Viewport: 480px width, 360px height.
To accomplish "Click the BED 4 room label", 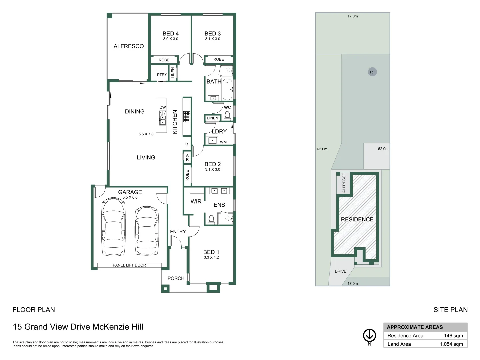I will (170, 34).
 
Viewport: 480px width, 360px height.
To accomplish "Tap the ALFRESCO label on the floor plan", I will (129, 46).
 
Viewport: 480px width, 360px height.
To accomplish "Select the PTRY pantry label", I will (162, 75).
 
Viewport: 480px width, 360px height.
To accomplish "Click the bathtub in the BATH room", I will (227, 89).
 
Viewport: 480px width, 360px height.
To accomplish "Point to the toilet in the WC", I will (227, 115).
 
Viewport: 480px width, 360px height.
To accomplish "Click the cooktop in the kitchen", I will (187, 116).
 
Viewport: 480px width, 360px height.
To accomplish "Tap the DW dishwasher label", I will (163, 107).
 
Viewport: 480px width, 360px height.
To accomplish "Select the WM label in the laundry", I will (223, 142).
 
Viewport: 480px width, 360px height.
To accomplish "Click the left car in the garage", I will (114, 226).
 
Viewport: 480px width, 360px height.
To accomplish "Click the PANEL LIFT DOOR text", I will (129, 265).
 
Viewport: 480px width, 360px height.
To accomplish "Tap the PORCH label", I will (176, 278).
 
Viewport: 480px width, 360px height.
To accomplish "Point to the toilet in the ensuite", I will (211, 219).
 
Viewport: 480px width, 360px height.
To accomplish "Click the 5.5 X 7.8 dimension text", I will (146, 134).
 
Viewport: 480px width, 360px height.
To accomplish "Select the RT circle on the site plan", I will (372, 72).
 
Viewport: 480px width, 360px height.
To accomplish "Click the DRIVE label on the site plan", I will (340, 271).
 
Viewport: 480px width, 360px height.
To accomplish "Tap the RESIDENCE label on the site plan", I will (357, 219).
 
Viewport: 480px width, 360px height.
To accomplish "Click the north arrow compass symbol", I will (369, 335).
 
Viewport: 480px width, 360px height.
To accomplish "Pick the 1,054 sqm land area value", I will (451, 344).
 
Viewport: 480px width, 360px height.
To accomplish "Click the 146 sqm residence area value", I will (453, 336).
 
